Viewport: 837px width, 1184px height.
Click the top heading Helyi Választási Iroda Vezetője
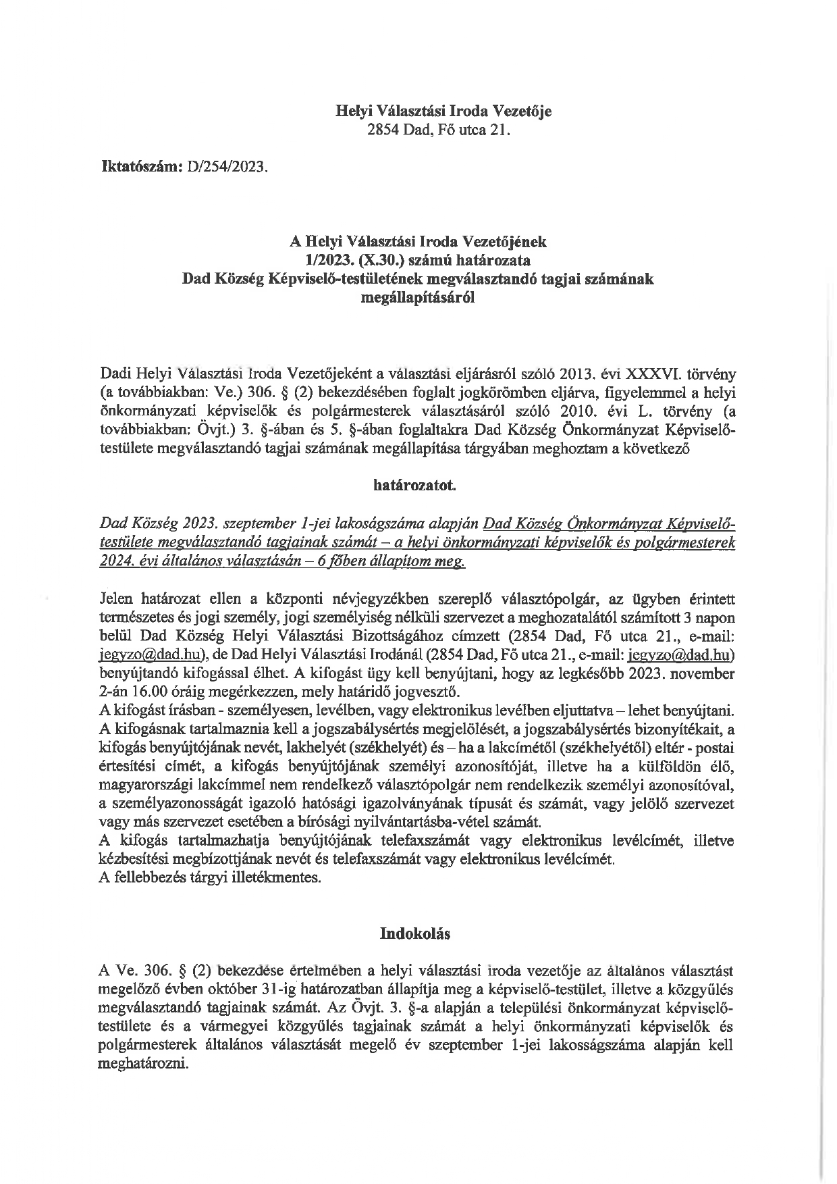[x=443, y=111]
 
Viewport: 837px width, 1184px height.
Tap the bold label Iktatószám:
[x=138, y=166]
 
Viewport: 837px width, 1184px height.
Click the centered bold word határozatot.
[x=418, y=485]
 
